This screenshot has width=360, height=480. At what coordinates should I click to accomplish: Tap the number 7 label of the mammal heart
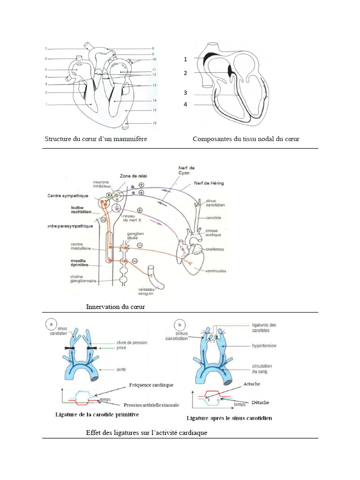46,49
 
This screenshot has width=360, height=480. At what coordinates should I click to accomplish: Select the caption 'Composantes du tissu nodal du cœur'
246,139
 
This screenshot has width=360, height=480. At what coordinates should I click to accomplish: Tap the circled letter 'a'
51,324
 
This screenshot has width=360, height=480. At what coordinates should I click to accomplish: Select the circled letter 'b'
180,324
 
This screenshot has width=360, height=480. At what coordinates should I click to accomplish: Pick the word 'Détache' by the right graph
253,402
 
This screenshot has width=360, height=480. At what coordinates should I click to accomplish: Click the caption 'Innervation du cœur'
116,307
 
